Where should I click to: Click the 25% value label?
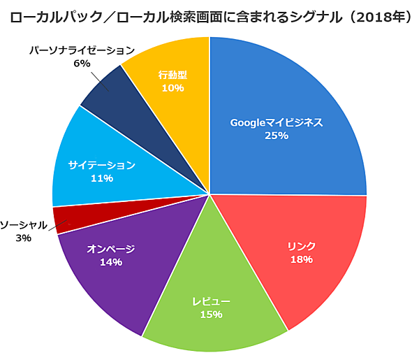click(277, 136)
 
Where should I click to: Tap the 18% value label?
click(301, 259)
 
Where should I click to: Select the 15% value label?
click(211, 315)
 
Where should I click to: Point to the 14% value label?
click(111, 262)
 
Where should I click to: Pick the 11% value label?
click(102, 179)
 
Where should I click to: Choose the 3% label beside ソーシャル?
click(23, 238)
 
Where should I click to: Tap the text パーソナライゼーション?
click(82, 50)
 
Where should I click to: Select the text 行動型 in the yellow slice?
click(172, 74)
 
